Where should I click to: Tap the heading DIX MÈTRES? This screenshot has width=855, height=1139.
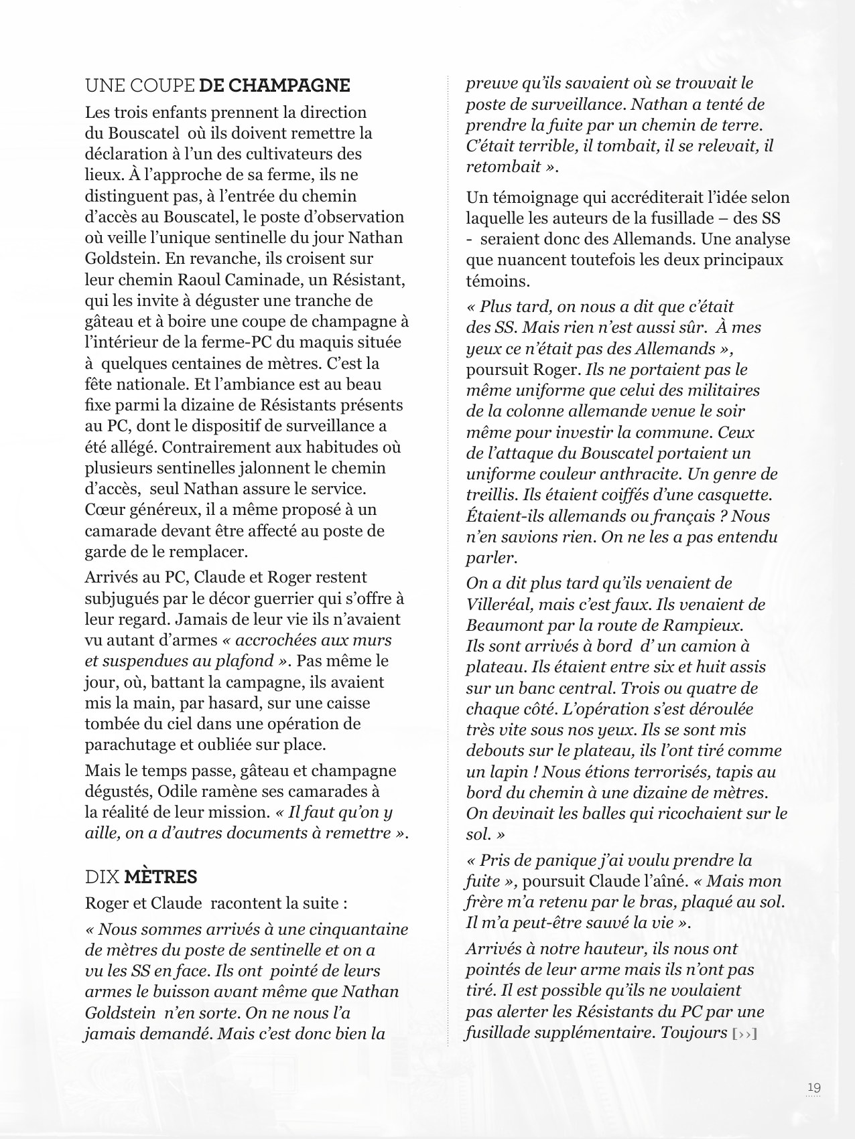tap(141, 877)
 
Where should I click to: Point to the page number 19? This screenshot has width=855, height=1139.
tap(814, 1088)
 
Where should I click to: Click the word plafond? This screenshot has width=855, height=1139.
tap(247, 661)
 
